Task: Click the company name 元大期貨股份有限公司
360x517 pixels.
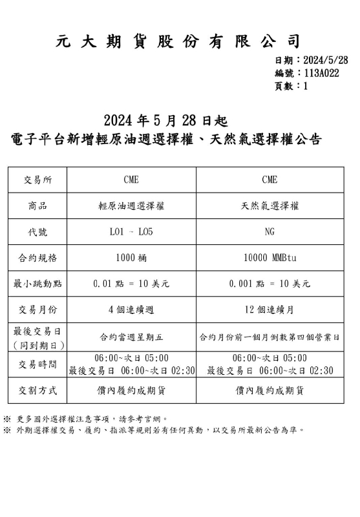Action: click(179, 42)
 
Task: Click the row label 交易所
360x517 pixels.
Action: click(37, 180)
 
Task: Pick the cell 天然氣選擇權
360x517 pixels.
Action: click(269, 206)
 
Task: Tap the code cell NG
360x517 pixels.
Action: click(269, 232)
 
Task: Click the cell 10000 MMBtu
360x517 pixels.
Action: click(269, 258)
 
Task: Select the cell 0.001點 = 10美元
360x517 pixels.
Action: click(269, 284)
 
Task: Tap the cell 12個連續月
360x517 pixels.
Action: click(269, 310)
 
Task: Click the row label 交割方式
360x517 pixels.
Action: click(37, 390)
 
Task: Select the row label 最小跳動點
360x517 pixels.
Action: click(37, 284)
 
